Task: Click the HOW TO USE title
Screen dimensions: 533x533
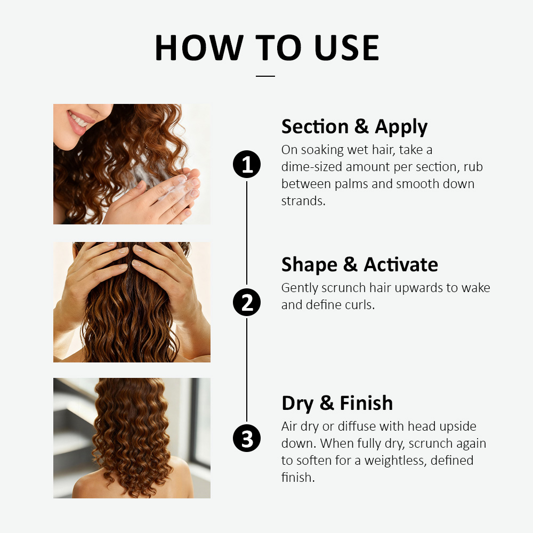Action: point(267,47)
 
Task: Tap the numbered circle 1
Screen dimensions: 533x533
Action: point(247,164)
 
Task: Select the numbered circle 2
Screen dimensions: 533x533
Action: point(247,302)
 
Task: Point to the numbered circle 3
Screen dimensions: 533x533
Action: point(247,438)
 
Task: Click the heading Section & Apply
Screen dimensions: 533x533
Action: point(354,127)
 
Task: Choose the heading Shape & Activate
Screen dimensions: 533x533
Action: point(360,265)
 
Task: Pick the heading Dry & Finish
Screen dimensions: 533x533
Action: point(337,403)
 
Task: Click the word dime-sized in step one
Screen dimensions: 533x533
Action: point(312,167)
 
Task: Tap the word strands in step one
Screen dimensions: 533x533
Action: point(303,201)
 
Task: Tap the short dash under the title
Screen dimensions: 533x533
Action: point(265,76)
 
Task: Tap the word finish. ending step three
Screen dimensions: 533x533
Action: point(298,477)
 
